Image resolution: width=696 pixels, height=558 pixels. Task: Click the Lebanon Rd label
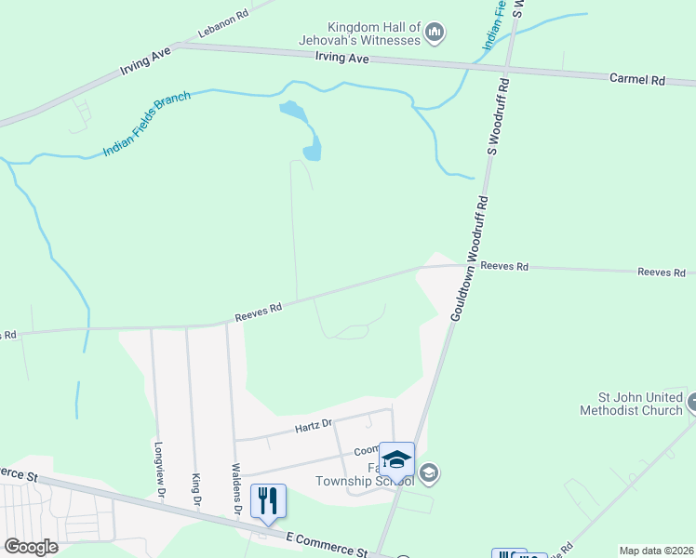pos(222,17)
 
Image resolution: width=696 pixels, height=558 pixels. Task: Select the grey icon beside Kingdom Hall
pos(434,34)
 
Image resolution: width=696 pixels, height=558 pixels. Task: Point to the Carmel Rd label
pos(636,80)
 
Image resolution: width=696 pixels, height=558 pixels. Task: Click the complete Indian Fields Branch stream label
pos(147,123)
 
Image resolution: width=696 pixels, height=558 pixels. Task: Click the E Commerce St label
pos(326,544)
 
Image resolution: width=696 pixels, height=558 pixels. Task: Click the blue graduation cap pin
pos(397,460)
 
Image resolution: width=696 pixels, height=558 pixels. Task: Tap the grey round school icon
pos(428,473)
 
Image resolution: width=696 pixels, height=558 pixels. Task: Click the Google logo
pos(31,547)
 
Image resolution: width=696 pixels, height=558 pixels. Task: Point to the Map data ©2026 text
pos(656,551)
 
